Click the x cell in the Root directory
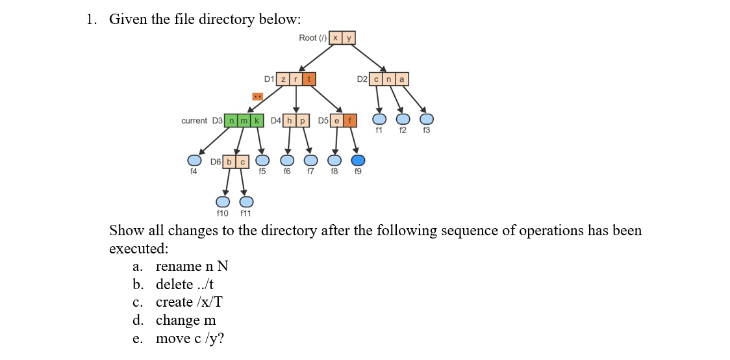coord(335,38)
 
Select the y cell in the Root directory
coord(349,38)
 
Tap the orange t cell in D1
coord(309,79)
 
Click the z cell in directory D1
coord(283,79)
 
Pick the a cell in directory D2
coord(402,79)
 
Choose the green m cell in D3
coord(244,121)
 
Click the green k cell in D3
coord(257,121)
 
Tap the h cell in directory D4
coord(289,121)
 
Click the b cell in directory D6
coord(229,161)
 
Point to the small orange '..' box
coord(257,97)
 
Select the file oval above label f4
coord(194,160)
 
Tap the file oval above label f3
coord(426,119)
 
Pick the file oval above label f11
coord(246,201)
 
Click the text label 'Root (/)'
coord(312,38)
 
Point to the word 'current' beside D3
coord(194,121)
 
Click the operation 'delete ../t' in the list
coord(184,285)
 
